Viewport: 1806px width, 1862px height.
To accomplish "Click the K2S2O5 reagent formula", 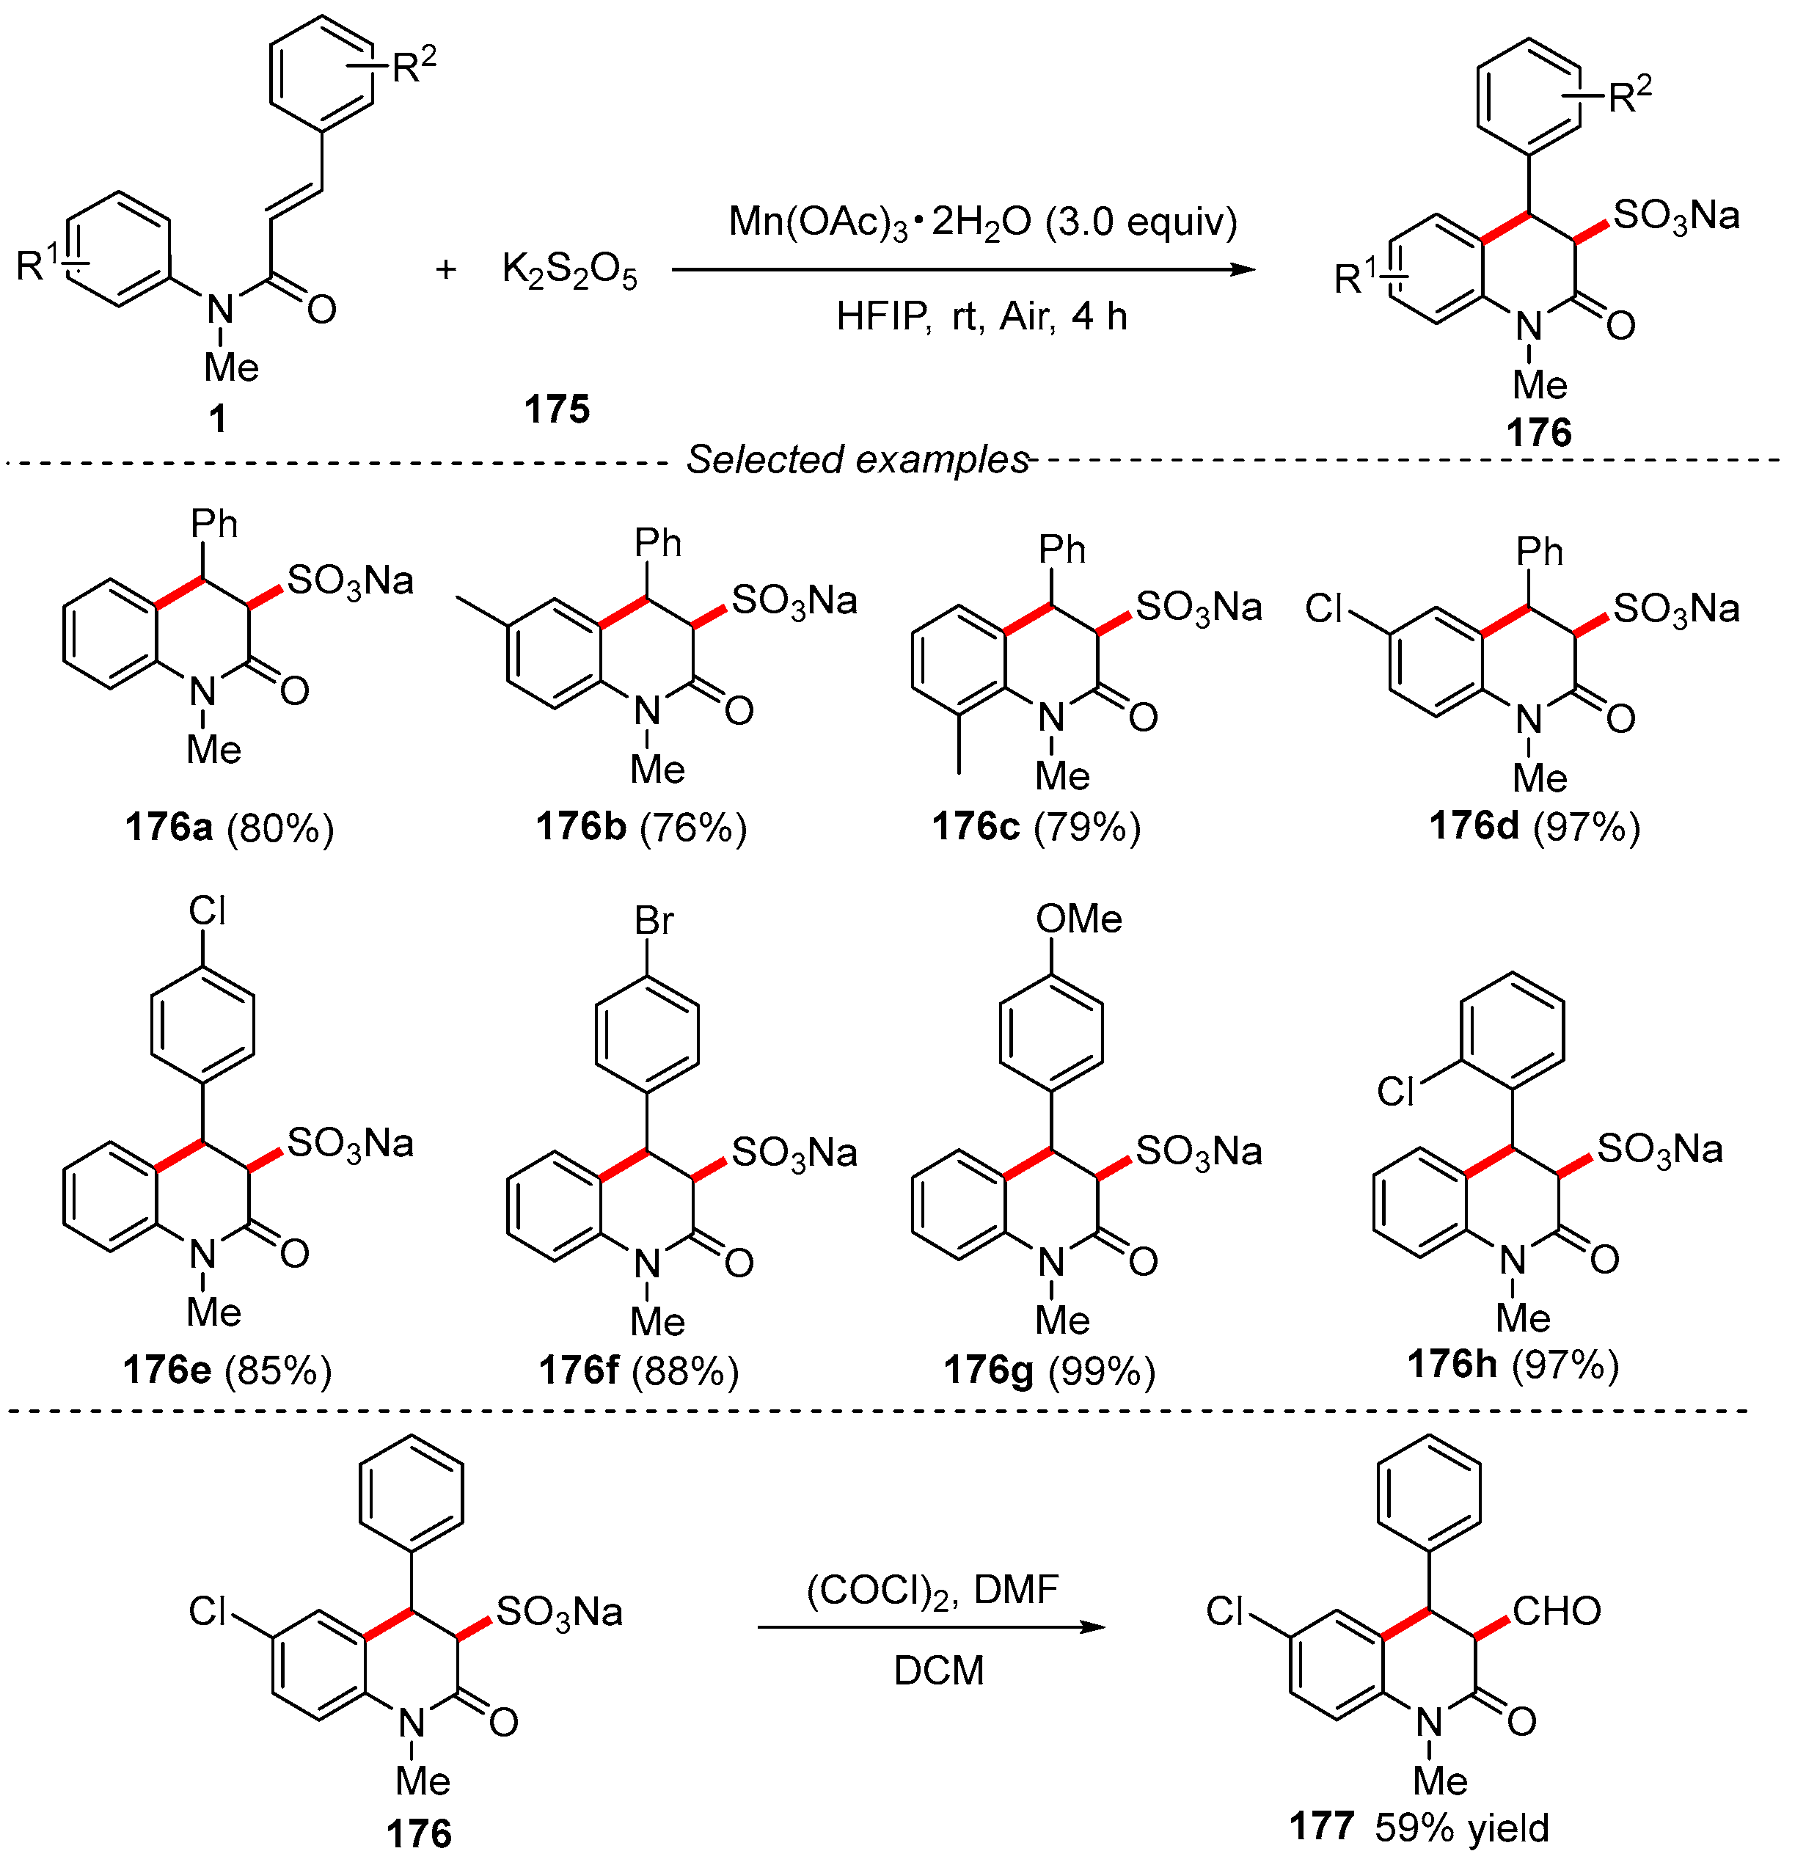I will click(569, 271).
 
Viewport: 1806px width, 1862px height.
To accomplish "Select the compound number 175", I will click(557, 409).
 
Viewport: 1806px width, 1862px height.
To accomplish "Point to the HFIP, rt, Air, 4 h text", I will click(981, 315).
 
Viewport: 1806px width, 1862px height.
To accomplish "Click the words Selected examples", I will click(858, 460).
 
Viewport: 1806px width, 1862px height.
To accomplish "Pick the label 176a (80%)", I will click(230, 828).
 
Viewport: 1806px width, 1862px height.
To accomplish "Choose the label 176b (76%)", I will click(641, 828).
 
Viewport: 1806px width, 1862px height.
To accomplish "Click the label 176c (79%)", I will click(1036, 828).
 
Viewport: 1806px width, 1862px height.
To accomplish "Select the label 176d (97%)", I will click(1535, 828).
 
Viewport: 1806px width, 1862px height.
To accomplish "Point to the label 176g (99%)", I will click(1049, 1371).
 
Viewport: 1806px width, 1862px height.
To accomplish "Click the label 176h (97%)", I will click(1513, 1365).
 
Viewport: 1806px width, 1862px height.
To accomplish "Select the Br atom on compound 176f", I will click(654, 921).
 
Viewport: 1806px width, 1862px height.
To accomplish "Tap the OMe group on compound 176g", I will click(1078, 919).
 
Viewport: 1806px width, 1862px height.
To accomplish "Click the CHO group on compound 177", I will click(1556, 1611).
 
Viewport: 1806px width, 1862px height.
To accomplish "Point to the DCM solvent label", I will click(939, 1671).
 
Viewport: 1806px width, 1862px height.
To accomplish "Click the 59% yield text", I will click(1461, 1828).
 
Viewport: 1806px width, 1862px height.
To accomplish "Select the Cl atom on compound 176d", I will click(1324, 608).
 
